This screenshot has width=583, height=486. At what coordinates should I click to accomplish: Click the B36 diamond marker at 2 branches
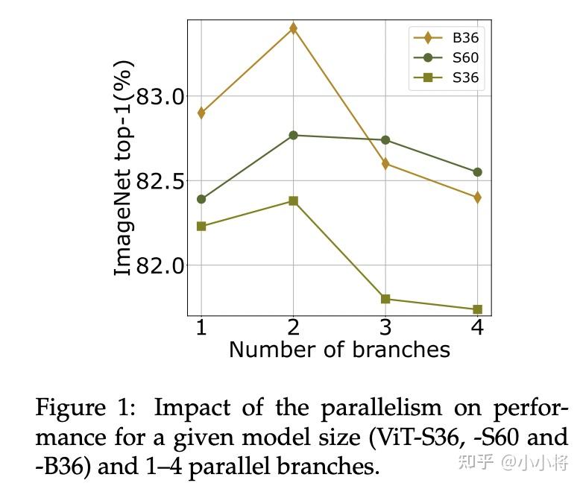(293, 28)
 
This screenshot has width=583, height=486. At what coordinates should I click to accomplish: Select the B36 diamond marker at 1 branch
(201, 113)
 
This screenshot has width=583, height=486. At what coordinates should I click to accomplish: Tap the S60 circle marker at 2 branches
(293, 135)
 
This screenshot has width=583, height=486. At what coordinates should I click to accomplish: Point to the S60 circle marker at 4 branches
(477, 172)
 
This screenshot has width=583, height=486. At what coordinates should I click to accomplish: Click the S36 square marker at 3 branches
(385, 299)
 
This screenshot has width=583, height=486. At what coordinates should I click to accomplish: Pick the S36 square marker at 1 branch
(201, 226)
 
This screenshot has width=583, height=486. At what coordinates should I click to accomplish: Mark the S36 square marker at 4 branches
(477, 309)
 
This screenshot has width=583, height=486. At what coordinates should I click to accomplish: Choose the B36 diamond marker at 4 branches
(477, 198)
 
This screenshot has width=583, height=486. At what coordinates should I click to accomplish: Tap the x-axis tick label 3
(385, 327)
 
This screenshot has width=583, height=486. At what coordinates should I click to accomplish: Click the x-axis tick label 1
(201, 327)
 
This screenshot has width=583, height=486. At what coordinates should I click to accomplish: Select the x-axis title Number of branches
(339, 350)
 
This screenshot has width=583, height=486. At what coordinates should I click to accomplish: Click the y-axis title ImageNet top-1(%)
(124, 168)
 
